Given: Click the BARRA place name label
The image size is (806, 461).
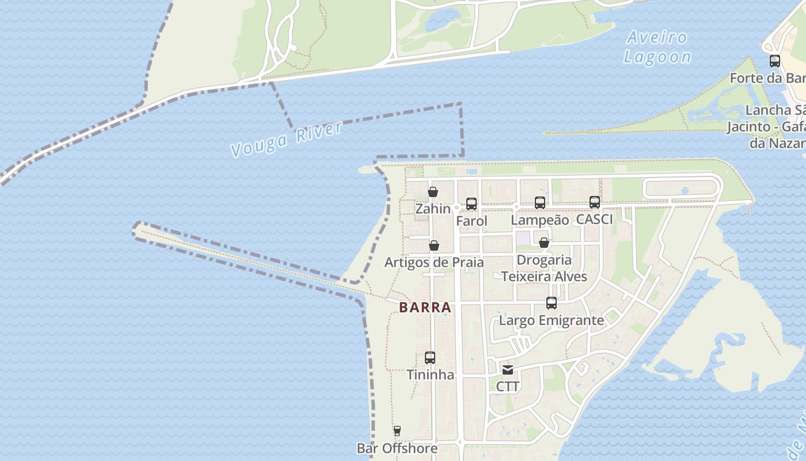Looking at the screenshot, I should click(x=425, y=308).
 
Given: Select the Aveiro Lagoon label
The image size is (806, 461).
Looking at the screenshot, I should click(x=657, y=47).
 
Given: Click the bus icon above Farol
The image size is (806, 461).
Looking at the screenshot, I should click(x=472, y=204).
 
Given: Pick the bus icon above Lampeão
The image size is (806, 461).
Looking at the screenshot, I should click(x=539, y=203).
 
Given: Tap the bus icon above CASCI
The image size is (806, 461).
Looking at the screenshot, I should click(x=595, y=202).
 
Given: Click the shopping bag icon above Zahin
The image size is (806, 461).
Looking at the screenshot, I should click(x=433, y=192).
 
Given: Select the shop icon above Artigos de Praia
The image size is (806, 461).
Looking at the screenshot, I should click(x=434, y=246).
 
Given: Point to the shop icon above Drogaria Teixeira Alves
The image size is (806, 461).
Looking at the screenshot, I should click(x=543, y=243).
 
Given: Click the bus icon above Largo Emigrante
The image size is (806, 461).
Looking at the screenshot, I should click(x=551, y=303).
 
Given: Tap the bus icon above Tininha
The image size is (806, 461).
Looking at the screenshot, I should click(x=430, y=358).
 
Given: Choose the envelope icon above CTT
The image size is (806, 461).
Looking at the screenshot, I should click(x=507, y=370).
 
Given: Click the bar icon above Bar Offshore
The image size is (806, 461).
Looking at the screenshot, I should click(x=397, y=431).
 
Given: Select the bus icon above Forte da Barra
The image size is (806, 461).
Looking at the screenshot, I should click(x=775, y=61).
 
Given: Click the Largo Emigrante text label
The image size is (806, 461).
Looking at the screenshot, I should click(x=551, y=320).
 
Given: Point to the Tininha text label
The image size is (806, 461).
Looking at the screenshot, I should click(x=430, y=375).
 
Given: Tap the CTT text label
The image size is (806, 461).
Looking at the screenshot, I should click(x=507, y=387).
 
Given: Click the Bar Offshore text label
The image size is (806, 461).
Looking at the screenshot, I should click(x=397, y=448).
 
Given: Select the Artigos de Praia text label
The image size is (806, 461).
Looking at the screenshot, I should click(x=434, y=262).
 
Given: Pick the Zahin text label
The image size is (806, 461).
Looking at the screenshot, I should click(x=433, y=209).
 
